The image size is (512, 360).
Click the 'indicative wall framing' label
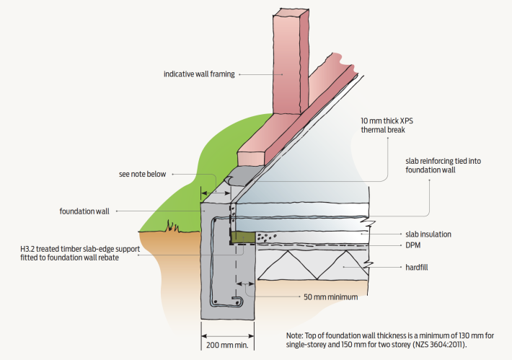click(x=199, y=74)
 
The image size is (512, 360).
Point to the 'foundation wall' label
click(x=84, y=211)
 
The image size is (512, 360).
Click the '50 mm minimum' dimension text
click(x=330, y=296)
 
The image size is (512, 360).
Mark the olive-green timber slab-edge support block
click(x=244, y=237)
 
